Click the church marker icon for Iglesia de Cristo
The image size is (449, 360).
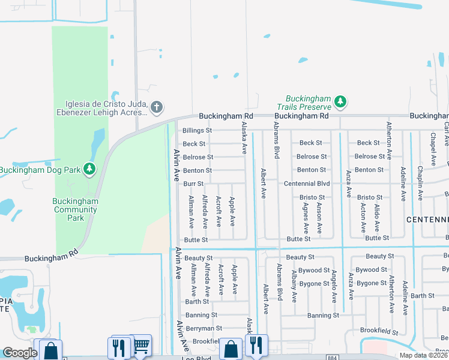tap(156, 107)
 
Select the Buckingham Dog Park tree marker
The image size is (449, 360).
tap(89, 170)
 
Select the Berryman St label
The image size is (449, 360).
tap(203, 328)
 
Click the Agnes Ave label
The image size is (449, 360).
tap(306, 217)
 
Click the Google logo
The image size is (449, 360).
tap(20, 353)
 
